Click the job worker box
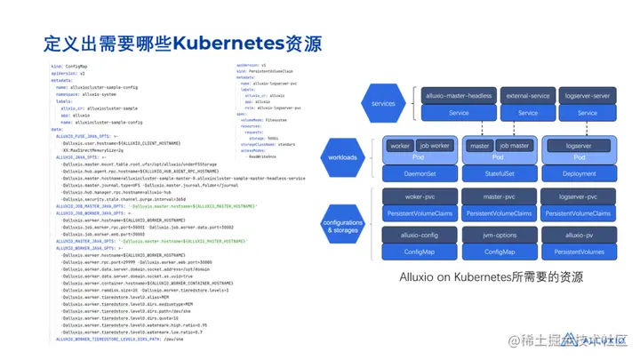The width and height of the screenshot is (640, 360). (436, 144)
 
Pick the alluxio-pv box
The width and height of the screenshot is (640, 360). (579, 236)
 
